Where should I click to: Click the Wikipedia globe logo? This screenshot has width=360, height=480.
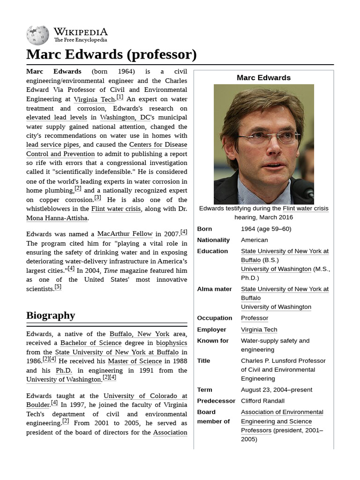point(37,35)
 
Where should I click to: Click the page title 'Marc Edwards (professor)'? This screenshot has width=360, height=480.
point(111,54)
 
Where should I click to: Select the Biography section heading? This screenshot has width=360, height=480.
point(51,315)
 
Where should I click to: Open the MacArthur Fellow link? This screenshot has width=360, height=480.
point(125,233)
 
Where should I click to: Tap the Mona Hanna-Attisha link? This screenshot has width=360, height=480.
point(57,218)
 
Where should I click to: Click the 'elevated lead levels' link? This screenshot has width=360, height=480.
point(56,117)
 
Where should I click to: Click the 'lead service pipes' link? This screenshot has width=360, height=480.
point(53,145)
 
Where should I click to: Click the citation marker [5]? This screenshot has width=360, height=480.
point(58,287)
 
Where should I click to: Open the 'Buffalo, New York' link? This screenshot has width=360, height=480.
point(139,334)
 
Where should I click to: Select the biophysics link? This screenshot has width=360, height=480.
point(171,343)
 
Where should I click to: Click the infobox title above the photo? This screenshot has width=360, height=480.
point(263,78)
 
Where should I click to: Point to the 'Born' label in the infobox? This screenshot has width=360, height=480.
point(204,229)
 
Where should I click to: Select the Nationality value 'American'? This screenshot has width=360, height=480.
point(254,240)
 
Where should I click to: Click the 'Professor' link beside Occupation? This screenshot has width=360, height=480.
point(255,318)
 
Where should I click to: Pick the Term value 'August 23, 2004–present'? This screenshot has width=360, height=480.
point(276,390)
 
